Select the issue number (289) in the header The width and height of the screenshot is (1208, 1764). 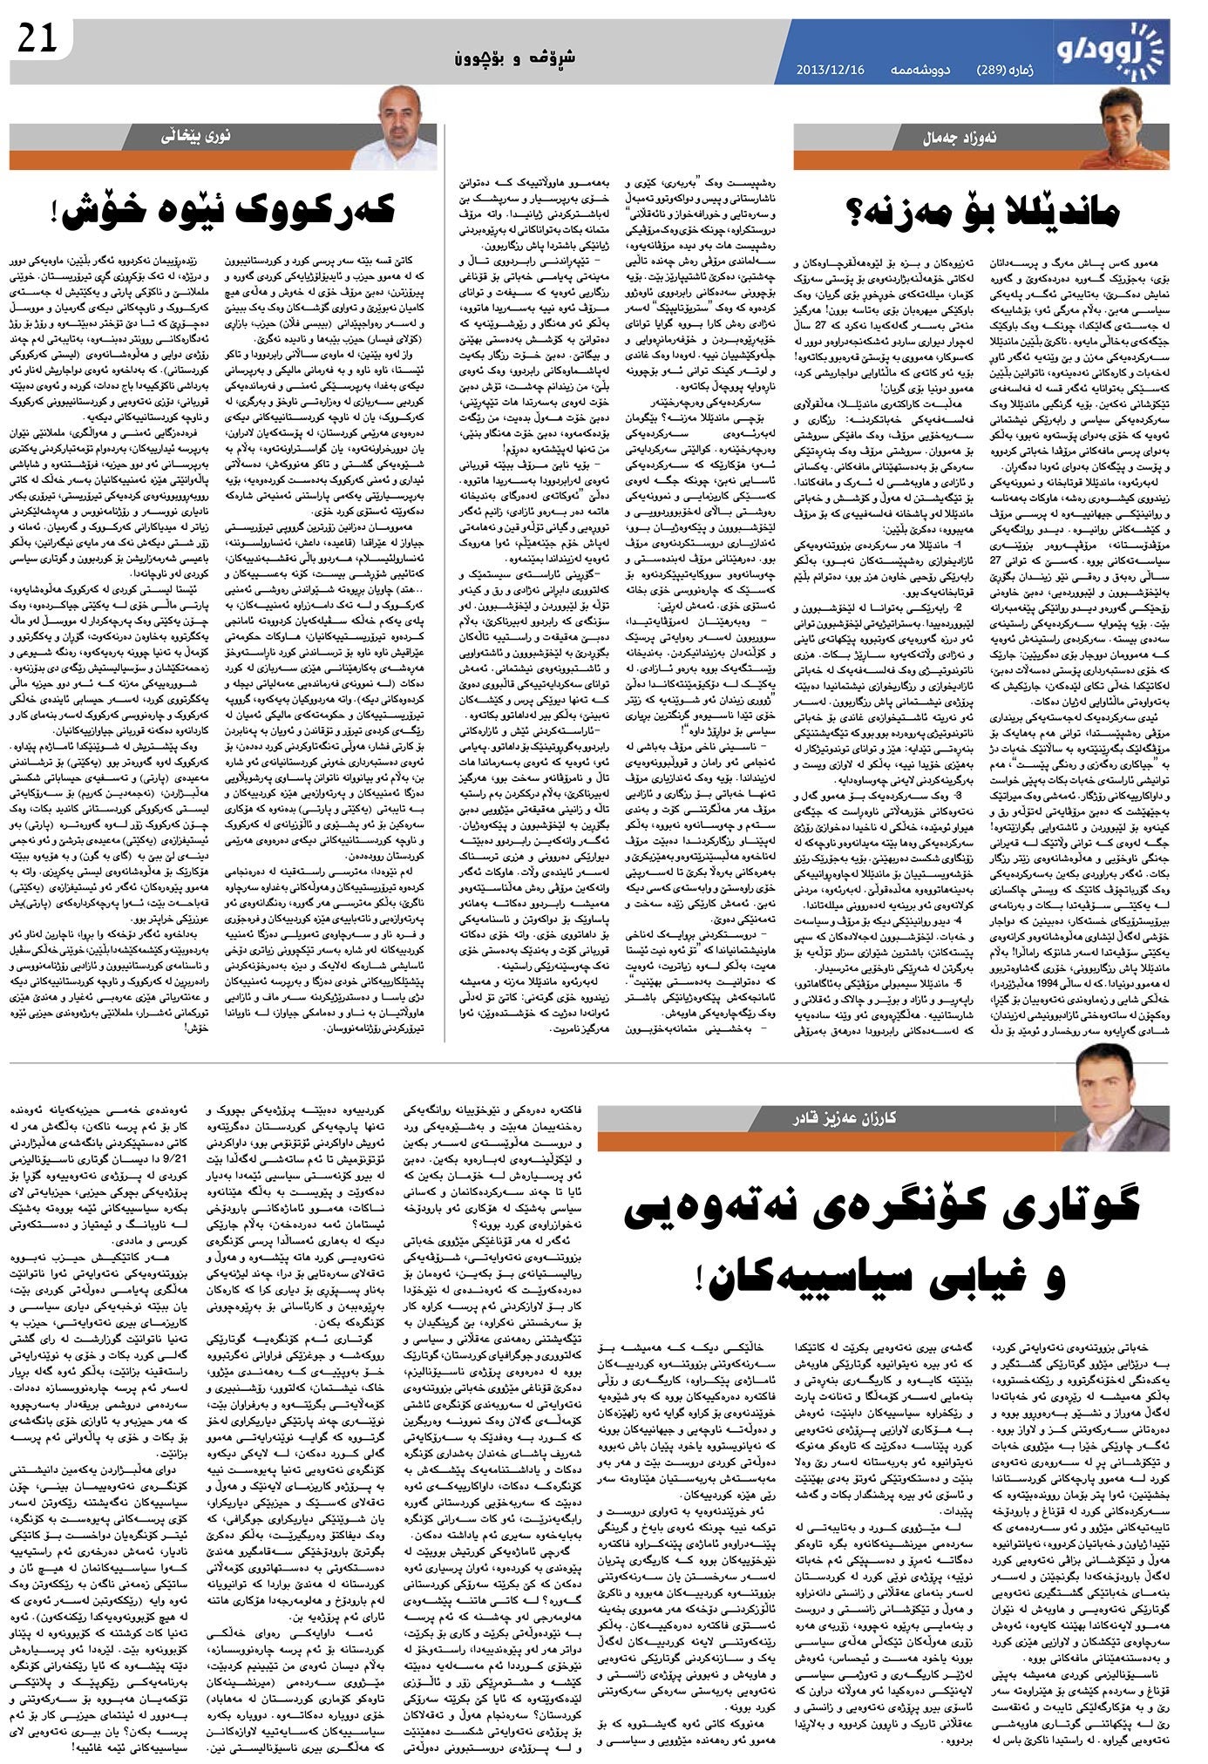click(x=991, y=69)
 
